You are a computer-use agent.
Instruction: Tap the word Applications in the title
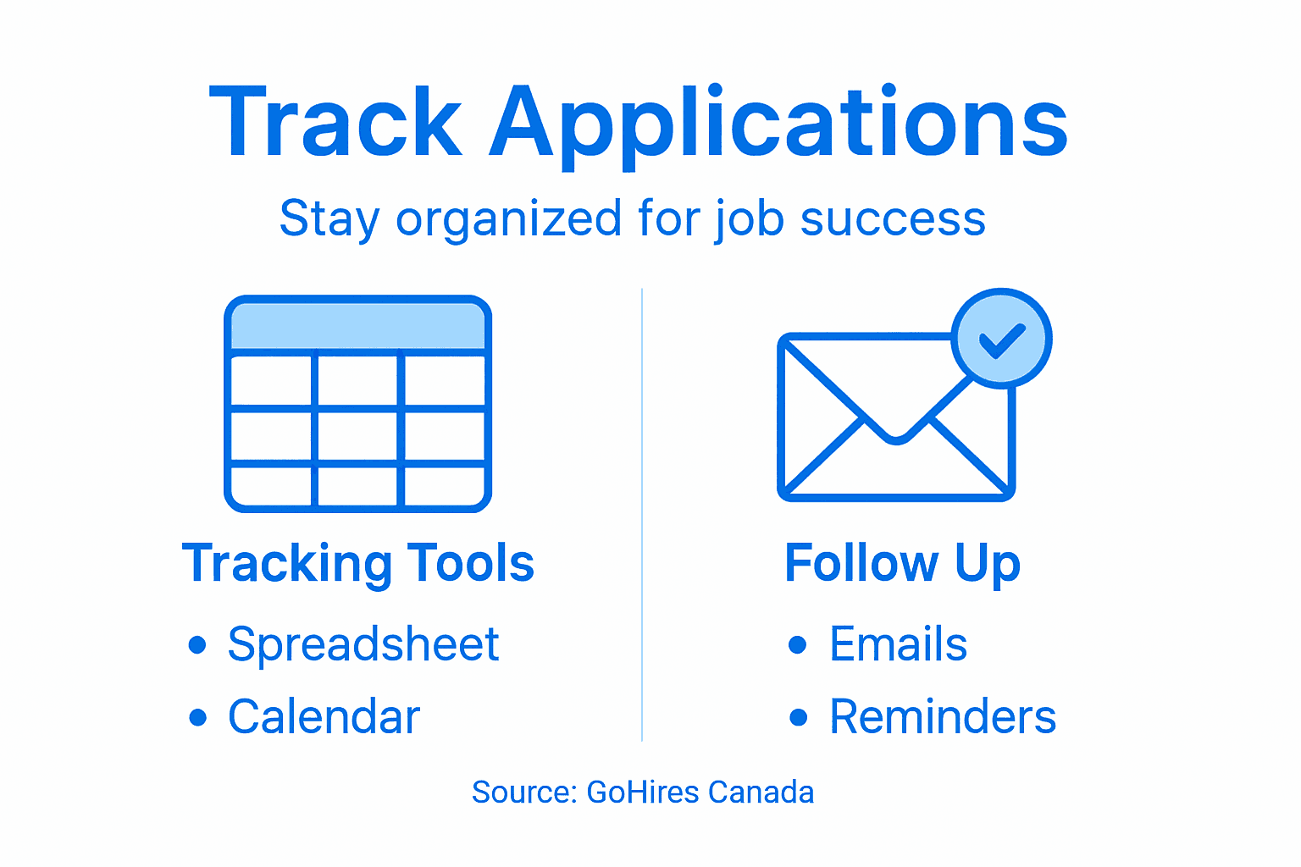(x=778, y=125)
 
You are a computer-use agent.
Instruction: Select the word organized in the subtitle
(x=509, y=219)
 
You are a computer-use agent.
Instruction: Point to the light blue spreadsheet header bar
(x=357, y=326)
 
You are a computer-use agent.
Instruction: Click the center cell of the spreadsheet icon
(x=357, y=436)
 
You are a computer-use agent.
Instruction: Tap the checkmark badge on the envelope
(x=1001, y=339)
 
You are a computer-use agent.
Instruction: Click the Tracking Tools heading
(x=358, y=563)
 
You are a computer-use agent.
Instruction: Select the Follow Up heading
(x=902, y=563)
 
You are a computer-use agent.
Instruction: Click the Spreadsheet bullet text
(x=363, y=644)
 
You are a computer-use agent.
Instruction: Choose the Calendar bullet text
(x=324, y=717)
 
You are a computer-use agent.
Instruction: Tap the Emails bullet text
(x=898, y=644)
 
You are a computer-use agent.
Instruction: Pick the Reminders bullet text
(x=943, y=717)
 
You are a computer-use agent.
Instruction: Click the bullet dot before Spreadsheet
(x=197, y=645)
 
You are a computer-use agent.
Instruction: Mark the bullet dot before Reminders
(x=798, y=718)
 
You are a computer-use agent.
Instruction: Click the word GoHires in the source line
(x=643, y=792)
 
